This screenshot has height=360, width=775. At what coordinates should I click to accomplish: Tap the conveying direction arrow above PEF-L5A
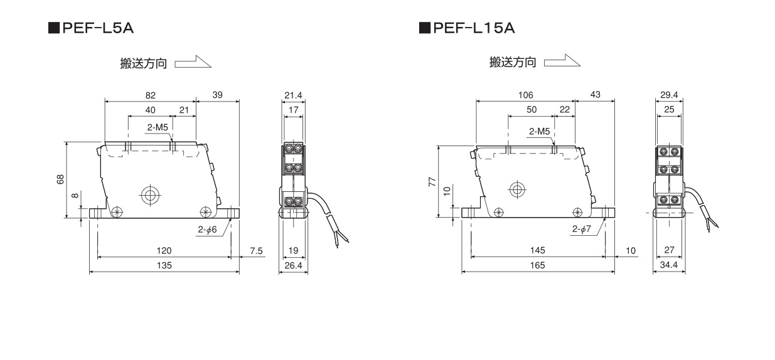pyautogui.click(x=193, y=63)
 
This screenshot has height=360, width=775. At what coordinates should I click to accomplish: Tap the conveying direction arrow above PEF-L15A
pyautogui.click(x=562, y=61)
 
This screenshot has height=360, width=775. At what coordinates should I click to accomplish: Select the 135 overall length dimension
pyautogui.click(x=164, y=265)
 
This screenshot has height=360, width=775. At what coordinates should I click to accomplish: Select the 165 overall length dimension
pyautogui.click(x=537, y=265)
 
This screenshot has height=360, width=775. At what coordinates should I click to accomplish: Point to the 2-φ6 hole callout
pyautogui.click(x=207, y=230)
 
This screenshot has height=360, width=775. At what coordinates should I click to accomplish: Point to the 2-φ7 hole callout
pyautogui.click(x=581, y=230)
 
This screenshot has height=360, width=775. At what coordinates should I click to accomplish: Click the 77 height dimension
pyautogui.click(x=431, y=182)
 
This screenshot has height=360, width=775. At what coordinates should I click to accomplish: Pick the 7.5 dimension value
pyautogui.click(x=256, y=251)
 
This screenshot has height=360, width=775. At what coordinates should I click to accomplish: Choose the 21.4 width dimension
pyautogui.click(x=293, y=95)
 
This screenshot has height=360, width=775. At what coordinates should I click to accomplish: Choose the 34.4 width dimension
pyautogui.click(x=669, y=265)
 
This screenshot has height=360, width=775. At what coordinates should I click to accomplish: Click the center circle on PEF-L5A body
pyautogui.click(x=149, y=195)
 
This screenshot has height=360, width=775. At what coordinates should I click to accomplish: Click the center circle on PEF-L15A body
pyautogui.click(x=517, y=189)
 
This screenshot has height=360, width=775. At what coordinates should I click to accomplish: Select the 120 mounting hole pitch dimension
pyautogui.click(x=164, y=251)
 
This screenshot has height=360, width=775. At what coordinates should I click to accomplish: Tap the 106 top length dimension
pyautogui.click(x=525, y=95)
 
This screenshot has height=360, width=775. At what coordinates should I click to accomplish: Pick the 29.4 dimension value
pyautogui.click(x=669, y=95)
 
